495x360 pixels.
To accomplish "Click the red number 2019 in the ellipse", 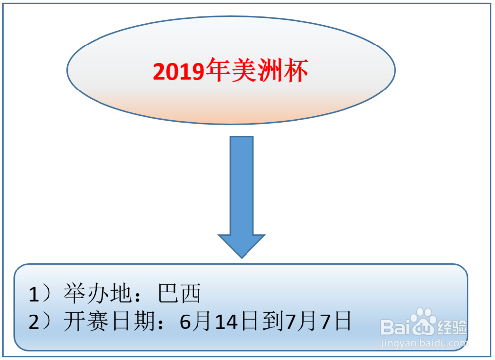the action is [x=179, y=72].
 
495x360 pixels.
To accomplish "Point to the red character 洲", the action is [x=270, y=70].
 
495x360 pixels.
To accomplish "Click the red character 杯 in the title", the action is [x=296, y=70].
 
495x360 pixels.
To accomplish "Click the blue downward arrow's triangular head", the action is [x=242, y=246].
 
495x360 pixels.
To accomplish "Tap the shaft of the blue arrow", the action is [x=242, y=186].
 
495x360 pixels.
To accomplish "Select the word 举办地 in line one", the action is [x=98, y=293].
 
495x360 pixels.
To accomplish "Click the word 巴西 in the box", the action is [x=179, y=293].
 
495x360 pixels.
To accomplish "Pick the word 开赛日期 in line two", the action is [x=109, y=321].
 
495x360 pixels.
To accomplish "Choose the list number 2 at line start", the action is [x=34, y=322].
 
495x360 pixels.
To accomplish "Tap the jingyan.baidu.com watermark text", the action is [x=424, y=343].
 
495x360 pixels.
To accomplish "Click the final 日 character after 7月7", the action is [x=343, y=321].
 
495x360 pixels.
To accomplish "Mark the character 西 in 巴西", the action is [x=191, y=293].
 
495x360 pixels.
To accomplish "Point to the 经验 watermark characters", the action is [x=452, y=328].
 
